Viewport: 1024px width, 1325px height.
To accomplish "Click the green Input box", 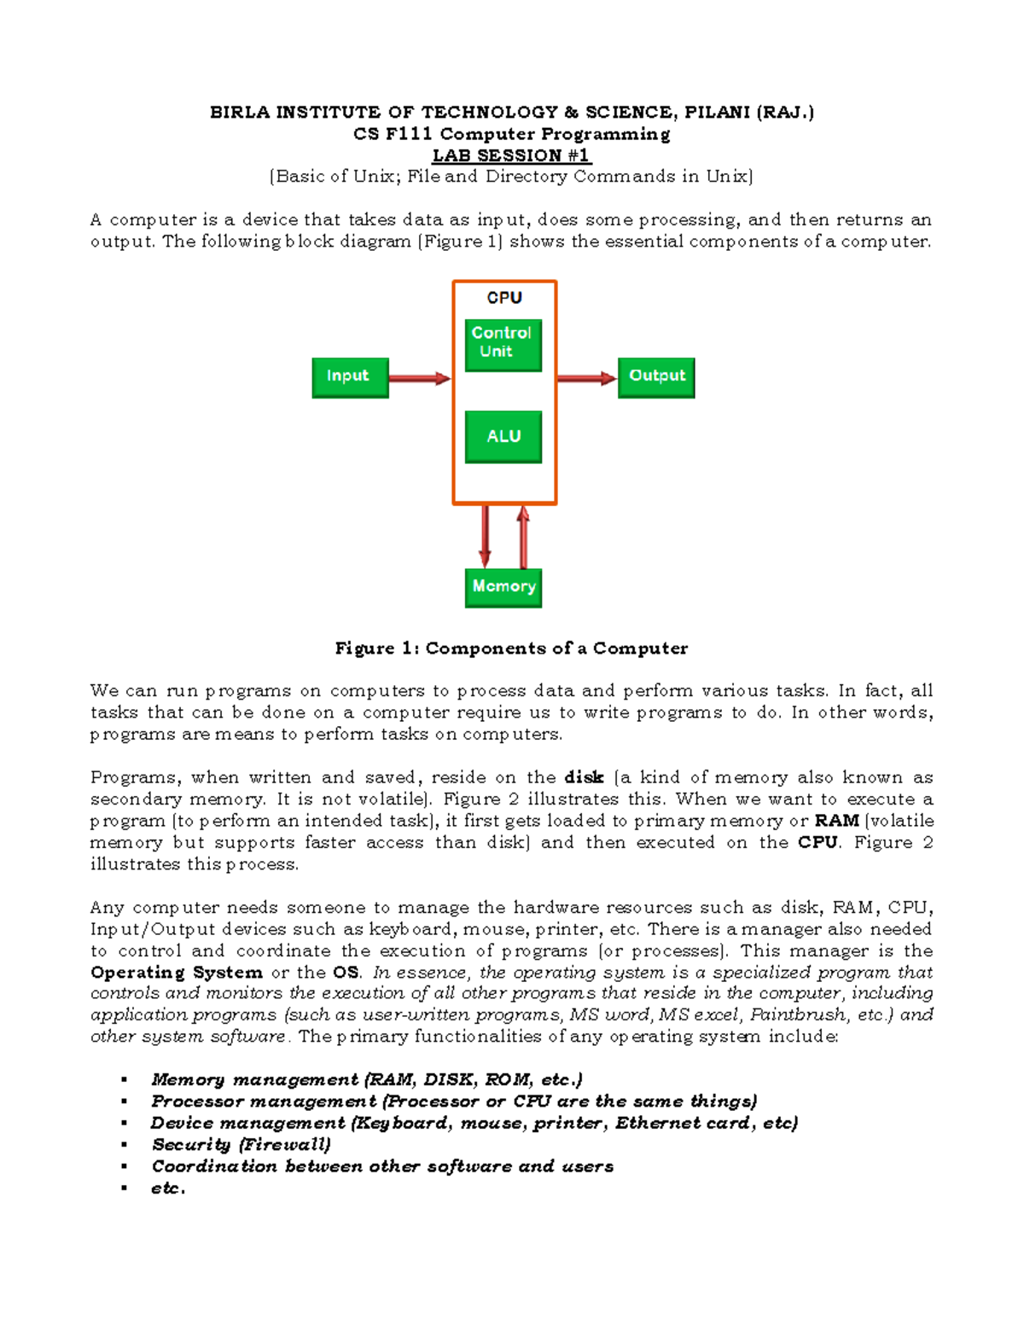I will [x=350, y=377].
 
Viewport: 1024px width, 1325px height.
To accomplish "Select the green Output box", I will [x=655, y=377].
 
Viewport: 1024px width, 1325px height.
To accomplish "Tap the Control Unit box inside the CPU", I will [x=503, y=344].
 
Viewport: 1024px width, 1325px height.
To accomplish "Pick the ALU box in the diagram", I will [x=503, y=437].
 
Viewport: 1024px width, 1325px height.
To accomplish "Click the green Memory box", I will [x=503, y=587].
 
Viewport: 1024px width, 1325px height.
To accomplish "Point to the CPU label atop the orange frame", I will [x=504, y=298].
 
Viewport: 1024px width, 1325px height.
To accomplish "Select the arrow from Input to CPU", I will [x=419, y=378].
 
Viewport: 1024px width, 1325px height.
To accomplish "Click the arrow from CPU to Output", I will [x=586, y=378].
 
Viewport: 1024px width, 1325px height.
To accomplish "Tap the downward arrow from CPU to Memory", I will [x=485, y=537].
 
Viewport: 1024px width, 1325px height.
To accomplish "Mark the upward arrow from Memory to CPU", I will [x=523, y=537].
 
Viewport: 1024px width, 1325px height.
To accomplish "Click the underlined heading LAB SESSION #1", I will [x=511, y=155].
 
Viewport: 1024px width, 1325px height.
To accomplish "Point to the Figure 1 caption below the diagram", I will [x=511, y=648].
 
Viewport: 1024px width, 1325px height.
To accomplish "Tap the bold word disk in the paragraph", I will [x=584, y=777].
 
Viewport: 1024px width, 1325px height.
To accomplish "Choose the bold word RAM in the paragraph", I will [x=836, y=821].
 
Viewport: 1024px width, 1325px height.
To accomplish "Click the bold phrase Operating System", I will [x=177, y=973].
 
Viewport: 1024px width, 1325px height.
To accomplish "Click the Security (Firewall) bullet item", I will [x=241, y=1145].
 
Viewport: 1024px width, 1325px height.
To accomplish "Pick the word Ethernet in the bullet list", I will [x=656, y=1123].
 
